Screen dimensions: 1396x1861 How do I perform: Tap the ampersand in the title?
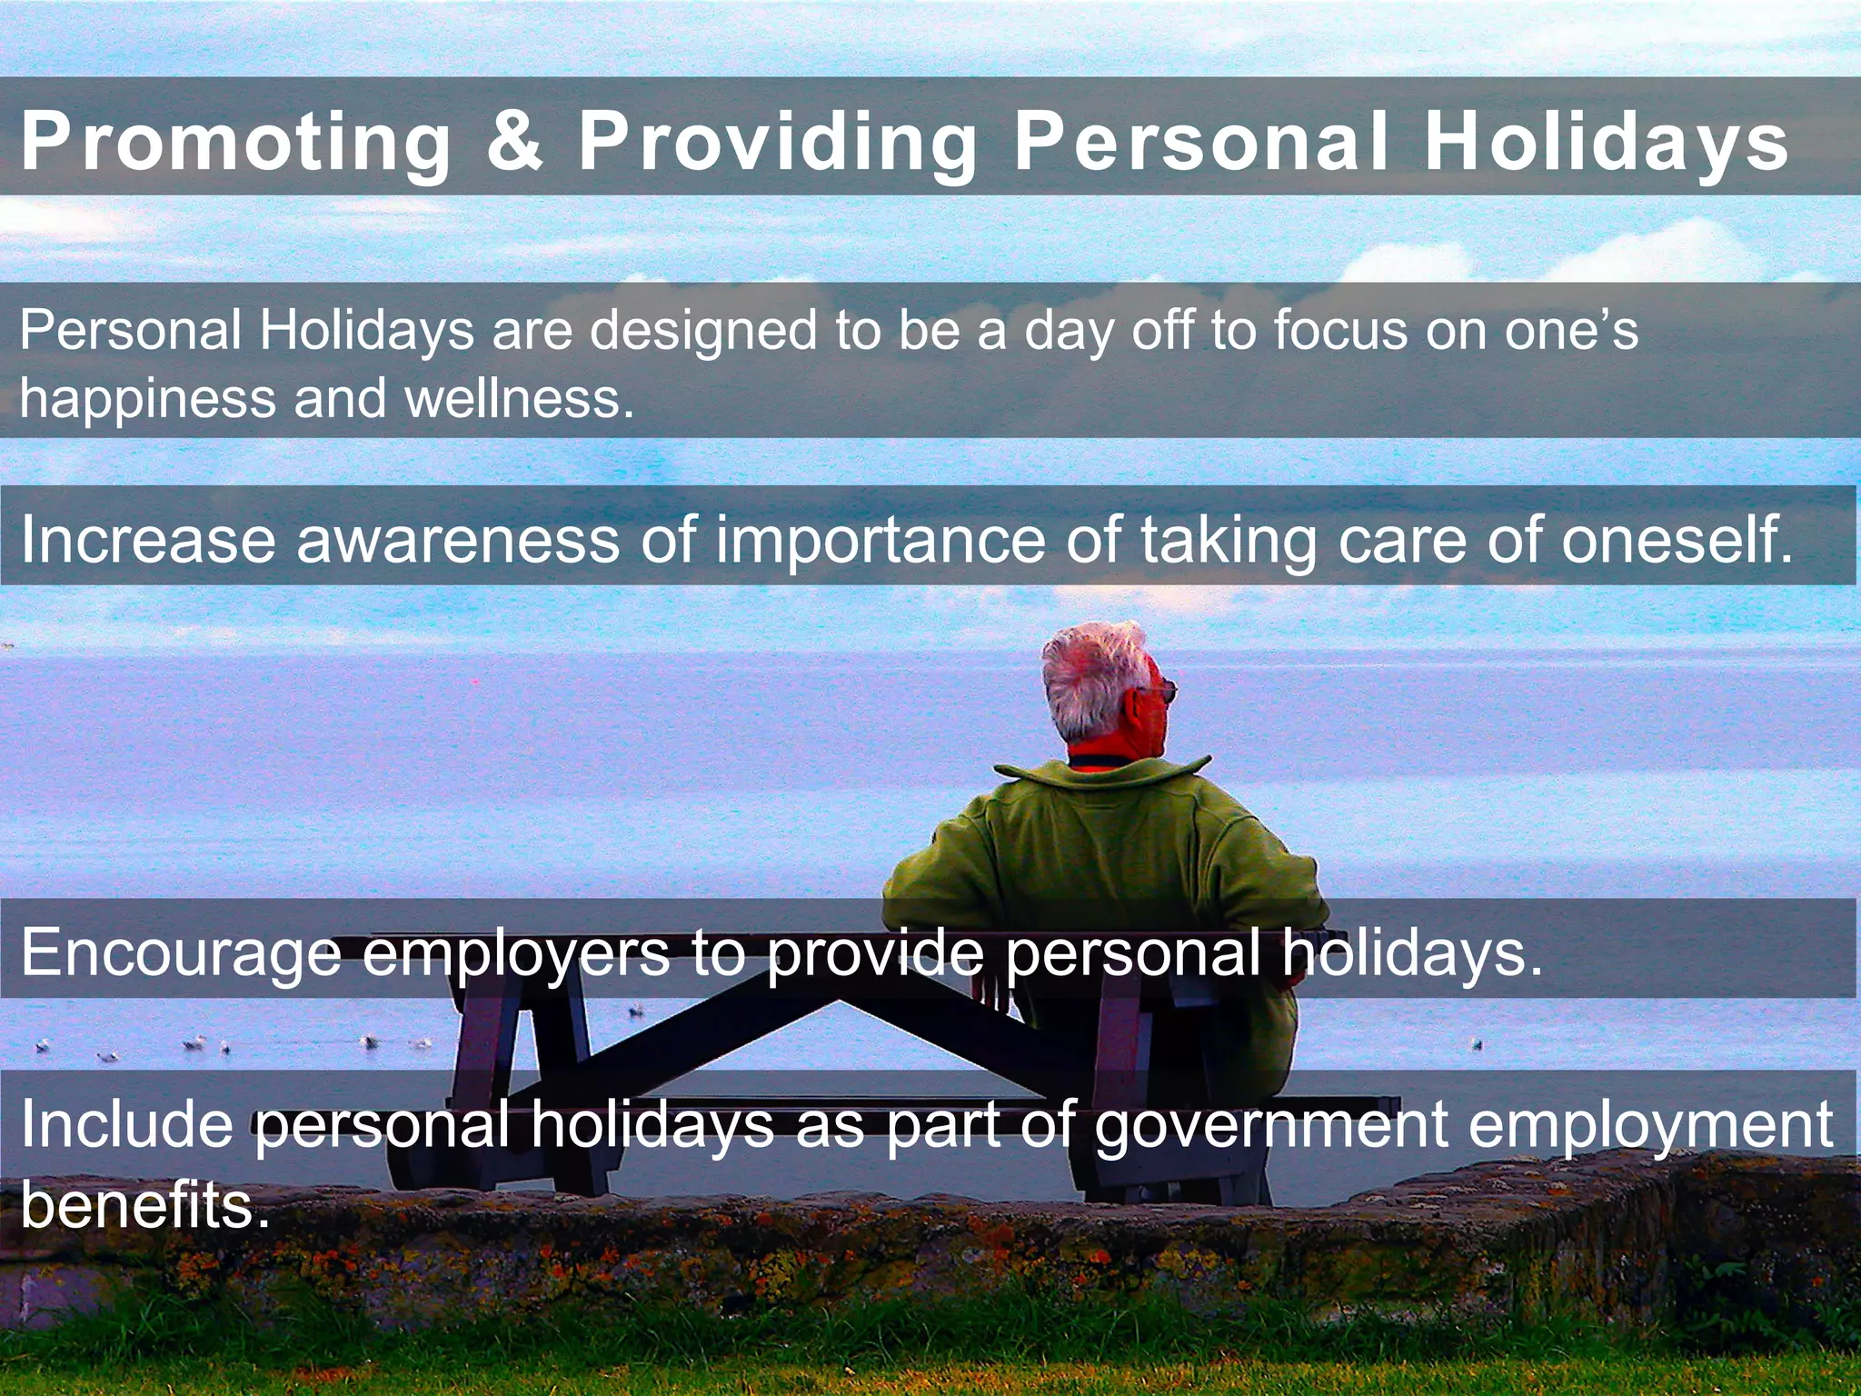pyautogui.click(x=515, y=141)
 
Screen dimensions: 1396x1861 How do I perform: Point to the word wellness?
pyautogui.click(x=519, y=398)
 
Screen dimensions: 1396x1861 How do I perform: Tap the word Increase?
pyautogui.click(x=148, y=540)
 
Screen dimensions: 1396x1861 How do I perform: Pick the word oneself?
pyautogui.click(x=1677, y=540)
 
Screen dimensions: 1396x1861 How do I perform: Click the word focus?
pyautogui.click(x=1339, y=330)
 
